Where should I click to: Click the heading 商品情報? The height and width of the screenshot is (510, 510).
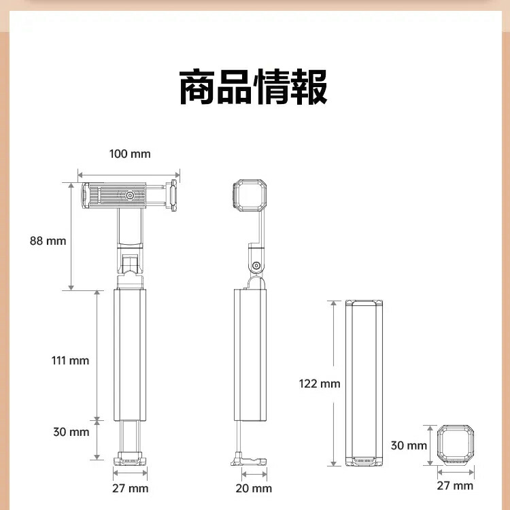253,87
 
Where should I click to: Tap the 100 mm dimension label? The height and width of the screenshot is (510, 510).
130,154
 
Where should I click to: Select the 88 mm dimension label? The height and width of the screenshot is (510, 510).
48,241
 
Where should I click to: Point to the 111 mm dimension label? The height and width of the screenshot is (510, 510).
70,360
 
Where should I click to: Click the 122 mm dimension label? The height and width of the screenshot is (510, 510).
320,384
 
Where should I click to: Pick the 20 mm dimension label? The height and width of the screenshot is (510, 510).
254,488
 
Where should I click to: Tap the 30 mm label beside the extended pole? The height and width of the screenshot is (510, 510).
71,432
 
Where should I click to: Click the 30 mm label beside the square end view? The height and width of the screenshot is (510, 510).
409,445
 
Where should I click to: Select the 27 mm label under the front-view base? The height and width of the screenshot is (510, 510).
130,488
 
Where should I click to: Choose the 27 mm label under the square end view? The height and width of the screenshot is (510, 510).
455,486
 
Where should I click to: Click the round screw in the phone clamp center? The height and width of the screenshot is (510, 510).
130,195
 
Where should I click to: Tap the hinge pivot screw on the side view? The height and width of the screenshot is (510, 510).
256,265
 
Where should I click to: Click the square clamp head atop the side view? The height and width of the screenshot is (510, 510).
250,195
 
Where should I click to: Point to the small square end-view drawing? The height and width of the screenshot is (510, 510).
455,445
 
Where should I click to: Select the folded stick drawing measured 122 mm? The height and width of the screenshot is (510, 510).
364,383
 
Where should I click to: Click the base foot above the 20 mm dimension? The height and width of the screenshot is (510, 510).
249,460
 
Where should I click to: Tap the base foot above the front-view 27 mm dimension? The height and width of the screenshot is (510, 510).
130,458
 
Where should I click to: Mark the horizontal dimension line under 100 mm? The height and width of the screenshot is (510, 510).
129,175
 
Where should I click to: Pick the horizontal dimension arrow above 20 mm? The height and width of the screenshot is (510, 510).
254,474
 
